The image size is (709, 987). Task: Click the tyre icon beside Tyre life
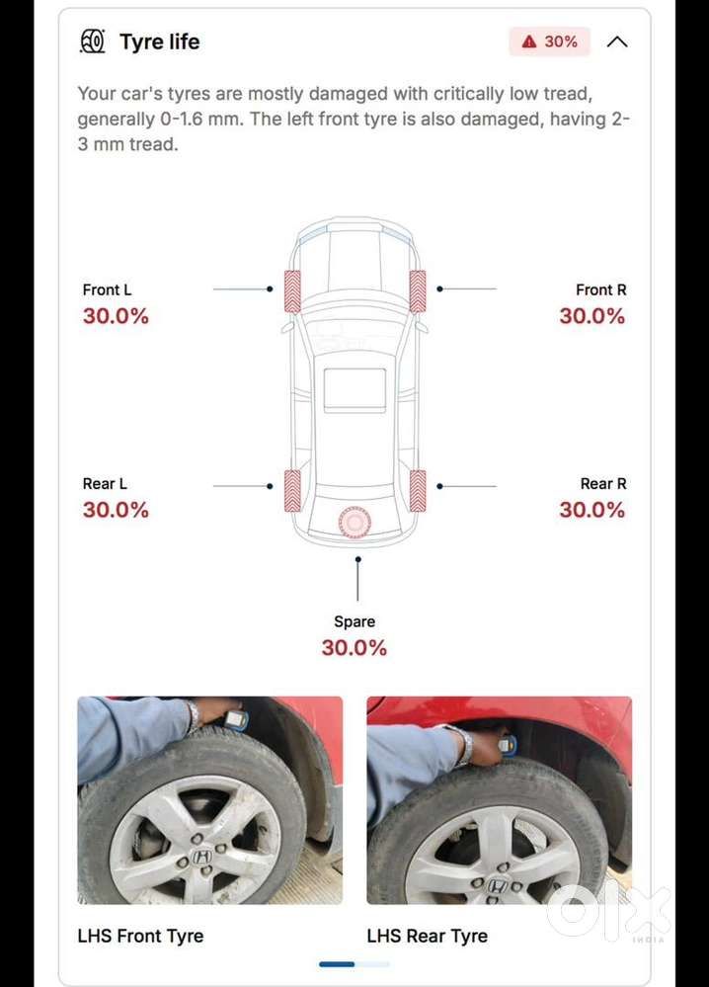click(93, 41)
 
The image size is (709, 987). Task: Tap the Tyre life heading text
click(160, 41)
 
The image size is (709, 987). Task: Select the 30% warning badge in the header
click(550, 41)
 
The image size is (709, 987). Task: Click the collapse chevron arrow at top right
click(617, 41)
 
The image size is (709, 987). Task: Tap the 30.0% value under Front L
click(116, 315)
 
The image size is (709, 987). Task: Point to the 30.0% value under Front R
click(592, 315)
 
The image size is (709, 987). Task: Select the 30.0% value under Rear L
click(116, 509)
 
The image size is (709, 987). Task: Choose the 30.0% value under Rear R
click(592, 509)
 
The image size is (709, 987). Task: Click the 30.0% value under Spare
click(354, 647)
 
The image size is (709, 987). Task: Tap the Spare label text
click(354, 621)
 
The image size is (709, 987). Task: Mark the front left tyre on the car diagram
click(292, 291)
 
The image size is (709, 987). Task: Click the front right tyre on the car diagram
click(418, 291)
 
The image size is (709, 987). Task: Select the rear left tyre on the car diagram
click(292, 490)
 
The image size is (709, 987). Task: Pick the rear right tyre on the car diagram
click(418, 490)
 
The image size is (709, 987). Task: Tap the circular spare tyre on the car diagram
click(354, 522)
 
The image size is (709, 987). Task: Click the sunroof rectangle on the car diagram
click(354, 390)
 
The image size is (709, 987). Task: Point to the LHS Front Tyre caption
click(140, 936)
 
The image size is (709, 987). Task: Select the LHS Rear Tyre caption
click(428, 936)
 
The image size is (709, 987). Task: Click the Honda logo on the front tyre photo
click(202, 857)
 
